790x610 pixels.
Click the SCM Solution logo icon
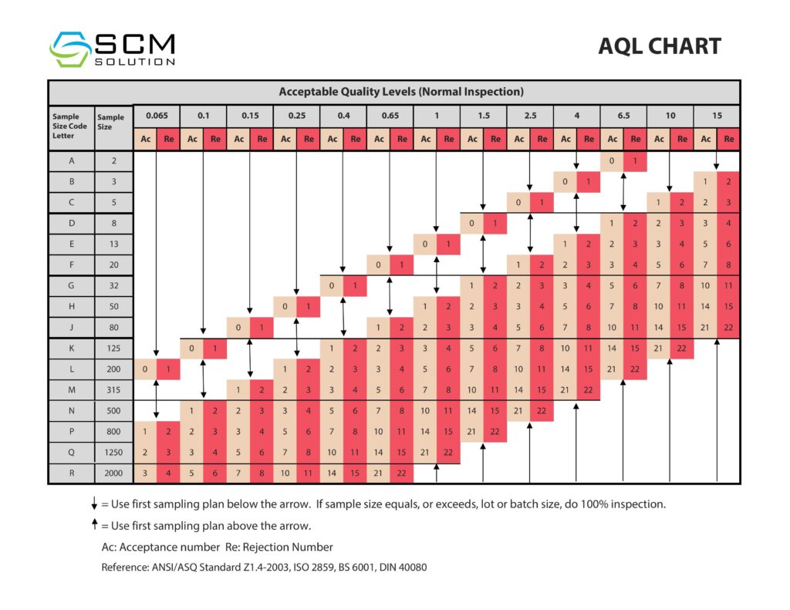click(70, 49)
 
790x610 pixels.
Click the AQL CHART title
click(659, 46)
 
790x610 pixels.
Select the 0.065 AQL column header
click(157, 116)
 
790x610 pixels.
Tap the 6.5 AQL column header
click(623, 116)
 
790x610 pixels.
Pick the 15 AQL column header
click(717, 116)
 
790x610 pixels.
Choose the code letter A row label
click(71, 162)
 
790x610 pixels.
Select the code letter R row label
click(71, 473)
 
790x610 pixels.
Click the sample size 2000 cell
click(113, 473)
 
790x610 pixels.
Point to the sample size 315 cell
click(113, 390)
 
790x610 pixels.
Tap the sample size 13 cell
click(113, 244)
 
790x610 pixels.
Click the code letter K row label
click(71, 349)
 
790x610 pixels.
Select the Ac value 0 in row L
click(145, 369)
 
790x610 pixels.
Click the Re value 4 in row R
click(168, 473)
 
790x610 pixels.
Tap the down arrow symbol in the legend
click(94, 505)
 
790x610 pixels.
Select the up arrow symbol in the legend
click(94, 525)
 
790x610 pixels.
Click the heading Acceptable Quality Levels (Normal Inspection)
click(401, 92)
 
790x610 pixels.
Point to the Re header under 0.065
click(168, 140)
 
